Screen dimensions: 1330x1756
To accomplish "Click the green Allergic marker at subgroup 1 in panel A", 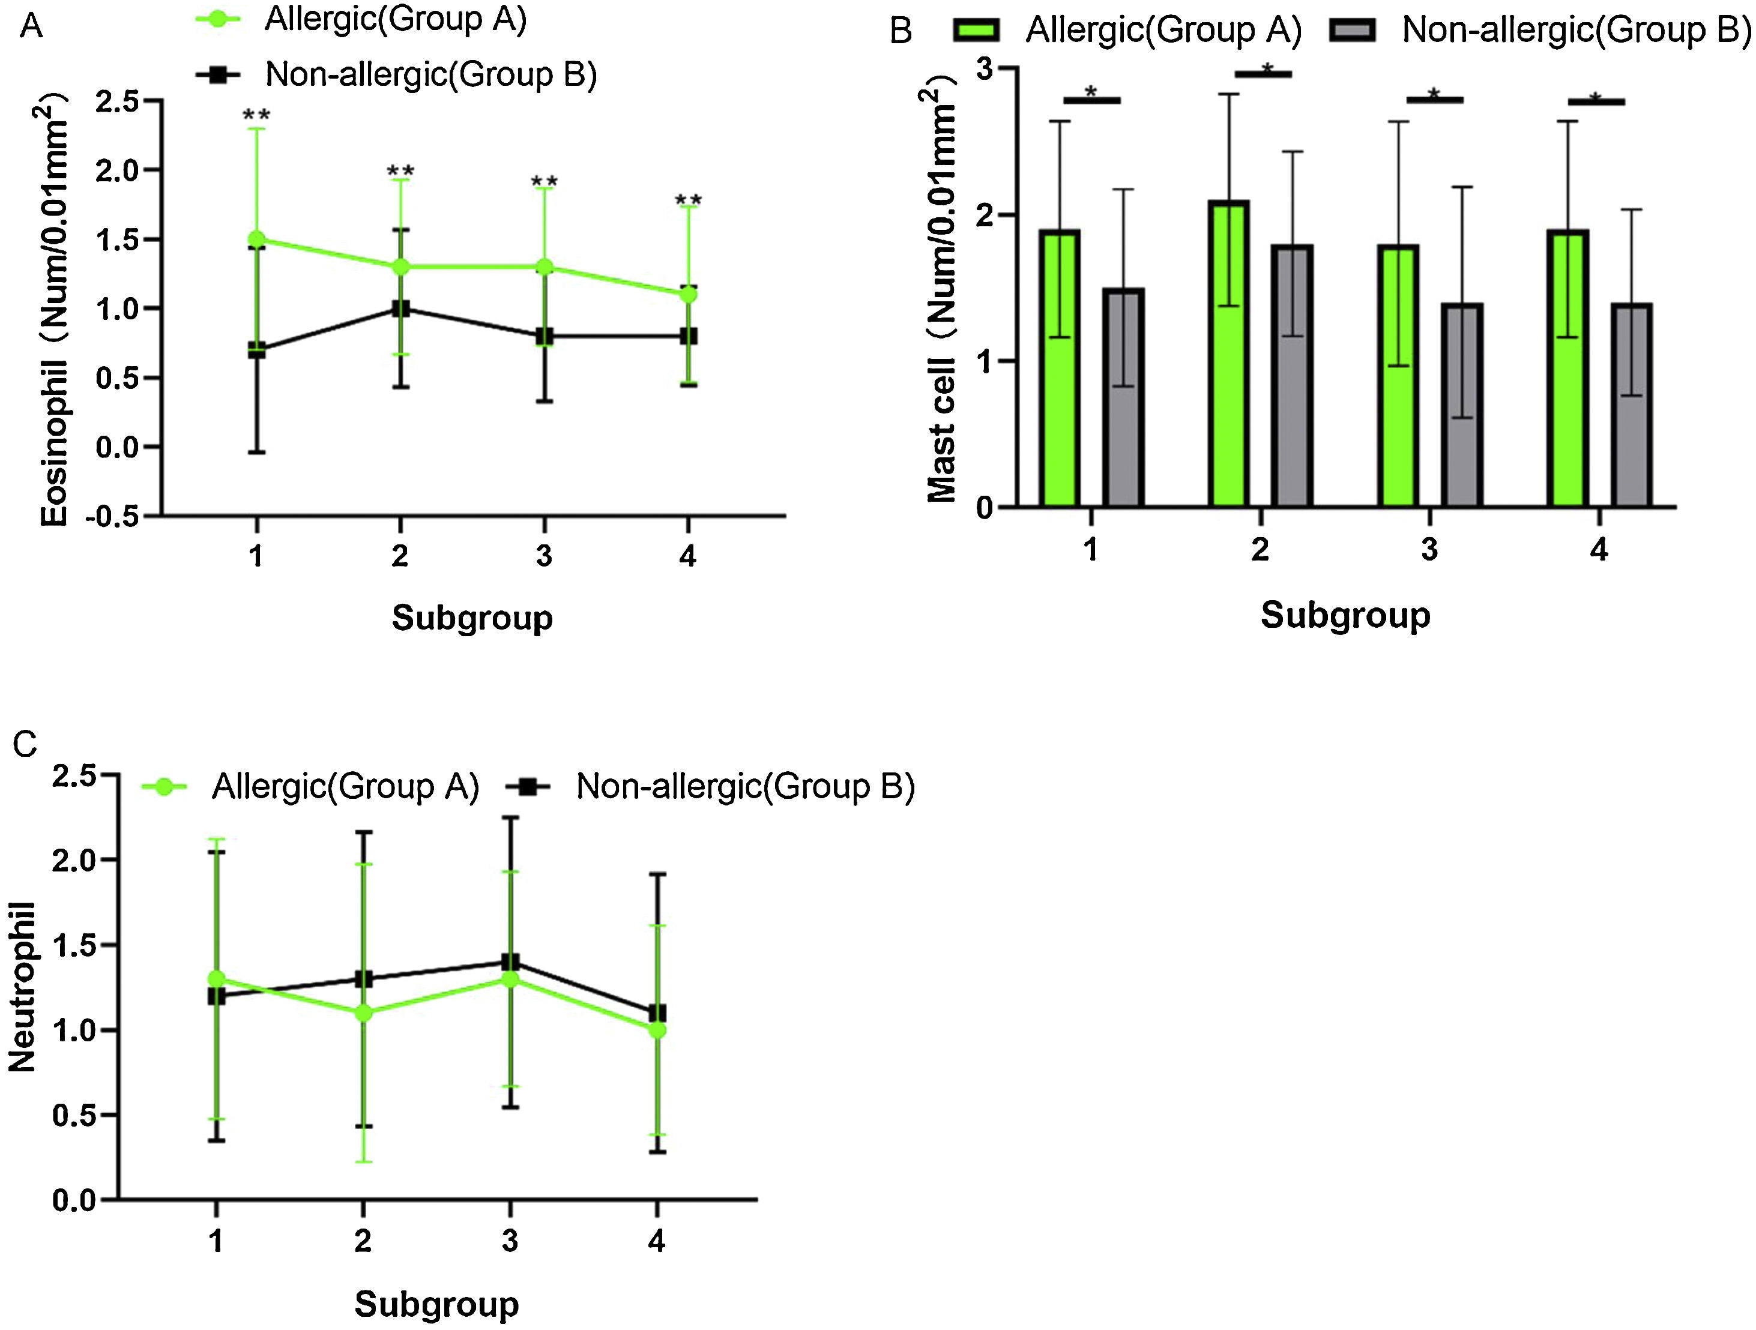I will click(x=256, y=239).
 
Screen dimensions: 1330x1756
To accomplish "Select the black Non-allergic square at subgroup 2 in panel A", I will click(x=401, y=308).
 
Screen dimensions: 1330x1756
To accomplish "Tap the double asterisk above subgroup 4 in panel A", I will click(x=688, y=201).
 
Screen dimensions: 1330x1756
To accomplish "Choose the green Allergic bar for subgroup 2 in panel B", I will click(x=1229, y=353).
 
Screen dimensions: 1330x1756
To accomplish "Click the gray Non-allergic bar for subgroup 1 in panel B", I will click(x=1123, y=397).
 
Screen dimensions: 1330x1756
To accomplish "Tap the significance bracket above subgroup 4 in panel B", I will click(x=1596, y=101).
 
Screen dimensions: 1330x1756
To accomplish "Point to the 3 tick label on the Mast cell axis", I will click(x=985, y=69).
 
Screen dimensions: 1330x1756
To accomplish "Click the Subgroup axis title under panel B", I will click(x=1345, y=615).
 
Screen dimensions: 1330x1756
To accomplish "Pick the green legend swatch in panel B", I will click(x=976, y=30).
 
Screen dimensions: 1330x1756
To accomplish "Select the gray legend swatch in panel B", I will click(x=1351, y=30).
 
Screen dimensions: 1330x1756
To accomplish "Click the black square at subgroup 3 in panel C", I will click(x=510, y=963).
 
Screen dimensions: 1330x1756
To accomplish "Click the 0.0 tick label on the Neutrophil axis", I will click(x=74, y=1200).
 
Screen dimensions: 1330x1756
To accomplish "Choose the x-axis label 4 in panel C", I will click(x=657, y=1241).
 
